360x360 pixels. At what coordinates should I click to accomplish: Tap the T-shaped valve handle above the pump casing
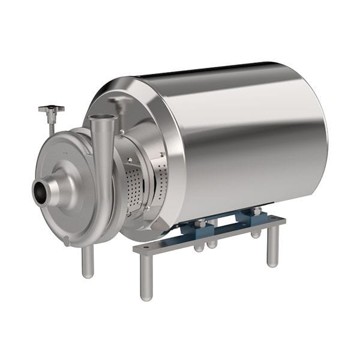click(51, 110)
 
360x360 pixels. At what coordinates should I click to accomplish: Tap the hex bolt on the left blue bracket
click(200, 223)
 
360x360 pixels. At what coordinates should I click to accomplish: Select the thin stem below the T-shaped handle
click(52, 125)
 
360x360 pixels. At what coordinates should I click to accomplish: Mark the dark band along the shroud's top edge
click(204, 68)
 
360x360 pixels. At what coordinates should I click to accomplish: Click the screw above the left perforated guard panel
click(128, 160)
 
